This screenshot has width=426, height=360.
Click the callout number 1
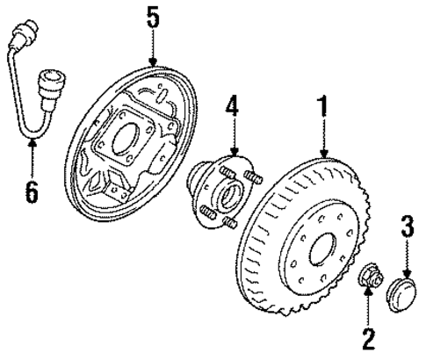click(324, 108)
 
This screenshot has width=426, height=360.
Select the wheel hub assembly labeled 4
click(224, 195)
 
